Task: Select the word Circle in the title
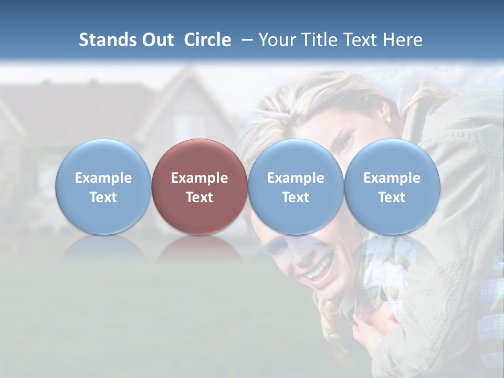click(x=207, y=40)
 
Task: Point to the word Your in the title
click(x=278, y=40)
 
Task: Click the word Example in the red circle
click(x=199, y=178)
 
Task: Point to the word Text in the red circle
click(x=199, y=197)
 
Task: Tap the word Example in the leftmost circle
click(x=103, y=178)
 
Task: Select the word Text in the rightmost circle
click(x=392, y=197)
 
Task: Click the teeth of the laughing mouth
click(x=320, y=270)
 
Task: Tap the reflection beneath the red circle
click(x=199, y=249)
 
